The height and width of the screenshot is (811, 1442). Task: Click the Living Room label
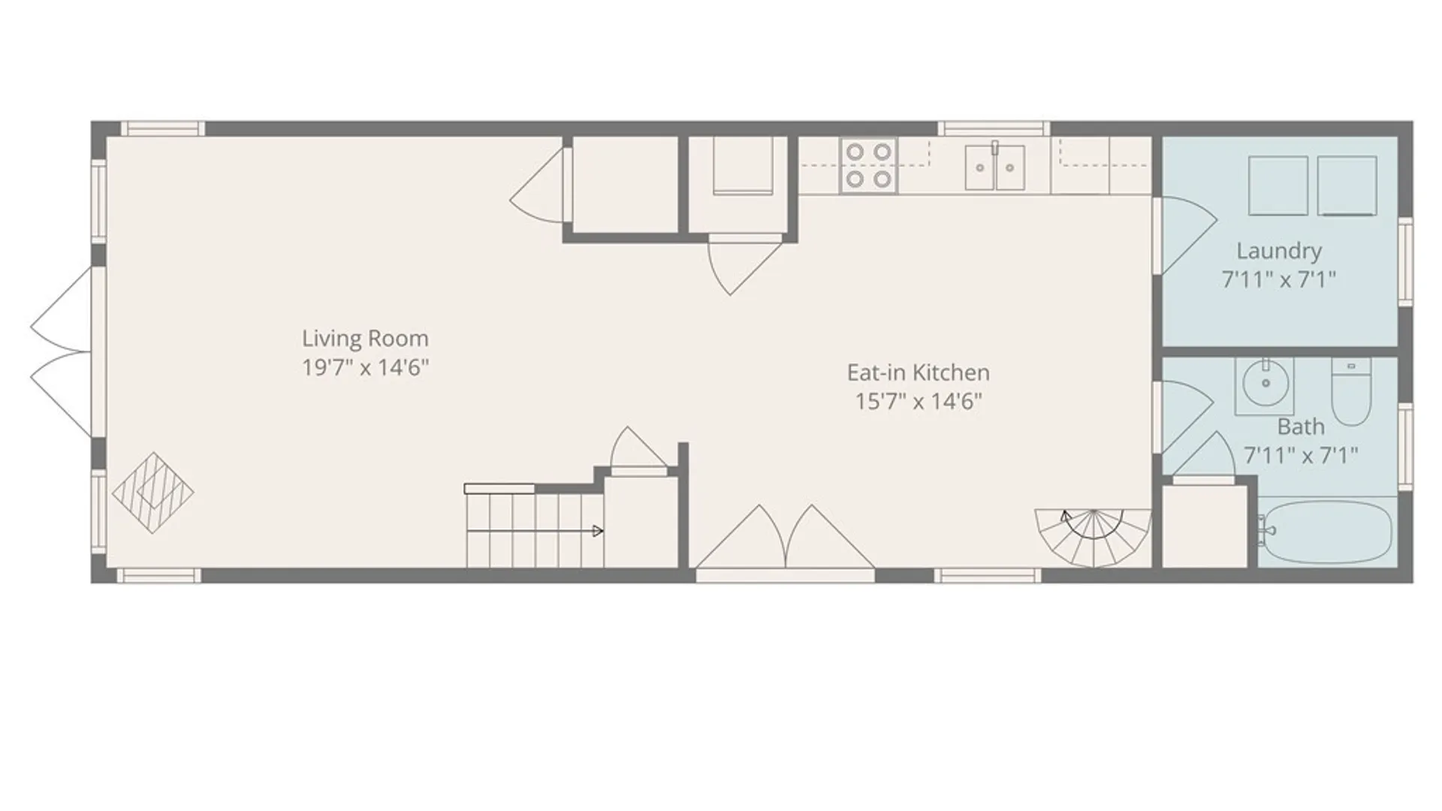365,339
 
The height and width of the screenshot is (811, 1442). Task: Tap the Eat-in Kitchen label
918,372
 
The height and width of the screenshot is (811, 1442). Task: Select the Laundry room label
1279,251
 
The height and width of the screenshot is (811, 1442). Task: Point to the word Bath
1301,427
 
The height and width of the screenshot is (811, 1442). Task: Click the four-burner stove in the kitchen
868,165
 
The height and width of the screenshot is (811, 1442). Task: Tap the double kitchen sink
995,167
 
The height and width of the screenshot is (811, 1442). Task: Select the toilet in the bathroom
1351,391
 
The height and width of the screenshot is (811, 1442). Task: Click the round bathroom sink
1265,384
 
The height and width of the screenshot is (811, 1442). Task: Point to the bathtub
1326,532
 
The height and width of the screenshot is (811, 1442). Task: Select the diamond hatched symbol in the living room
153,493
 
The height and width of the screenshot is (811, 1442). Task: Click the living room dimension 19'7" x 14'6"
365,368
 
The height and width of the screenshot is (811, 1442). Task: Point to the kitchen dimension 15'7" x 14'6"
918,402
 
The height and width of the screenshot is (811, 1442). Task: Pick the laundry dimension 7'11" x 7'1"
1279,280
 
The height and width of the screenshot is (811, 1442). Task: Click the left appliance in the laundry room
1278,185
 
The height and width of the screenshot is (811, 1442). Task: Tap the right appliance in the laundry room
1347,185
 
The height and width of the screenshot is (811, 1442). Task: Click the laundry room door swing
1185,235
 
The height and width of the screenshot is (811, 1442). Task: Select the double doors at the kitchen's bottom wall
785,537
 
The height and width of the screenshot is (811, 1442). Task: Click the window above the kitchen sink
994,128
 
